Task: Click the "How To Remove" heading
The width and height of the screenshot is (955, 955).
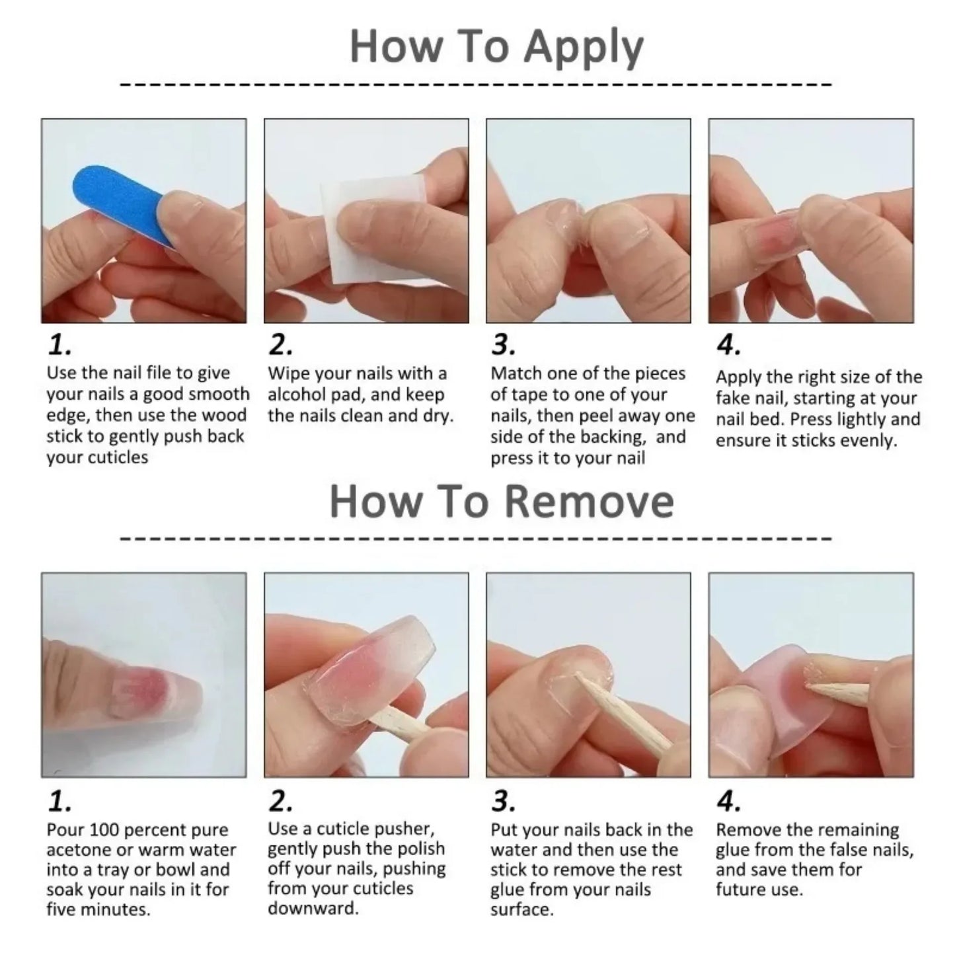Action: [501, 502]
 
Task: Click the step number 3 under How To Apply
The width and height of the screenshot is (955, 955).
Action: [503, 345]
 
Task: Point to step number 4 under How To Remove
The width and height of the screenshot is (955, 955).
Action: [728, 802]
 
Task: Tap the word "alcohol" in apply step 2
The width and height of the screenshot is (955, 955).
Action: [299, 395]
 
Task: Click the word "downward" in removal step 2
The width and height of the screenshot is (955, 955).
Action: [312, 908]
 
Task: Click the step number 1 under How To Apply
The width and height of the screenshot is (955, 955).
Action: [59, 345]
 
